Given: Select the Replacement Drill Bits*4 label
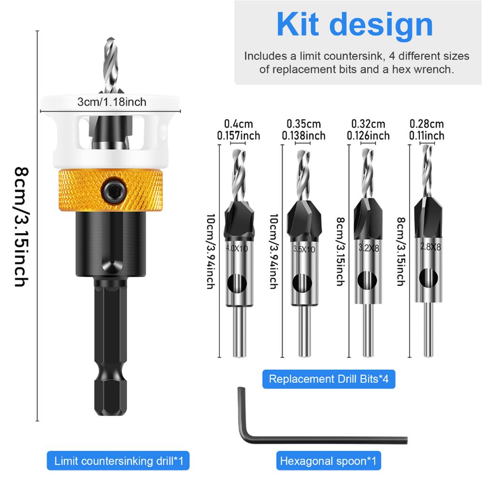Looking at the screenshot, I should coord(329,379).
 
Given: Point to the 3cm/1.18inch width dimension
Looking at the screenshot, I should coord(112,102).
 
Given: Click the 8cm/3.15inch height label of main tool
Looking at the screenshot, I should coord(21,226).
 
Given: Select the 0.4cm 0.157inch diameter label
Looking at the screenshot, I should coord(238,130).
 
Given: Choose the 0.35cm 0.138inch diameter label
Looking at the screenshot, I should coord(304,130).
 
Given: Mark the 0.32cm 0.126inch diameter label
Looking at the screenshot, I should coord(368,130).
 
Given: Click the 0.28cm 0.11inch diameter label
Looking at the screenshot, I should coord(426,130).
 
